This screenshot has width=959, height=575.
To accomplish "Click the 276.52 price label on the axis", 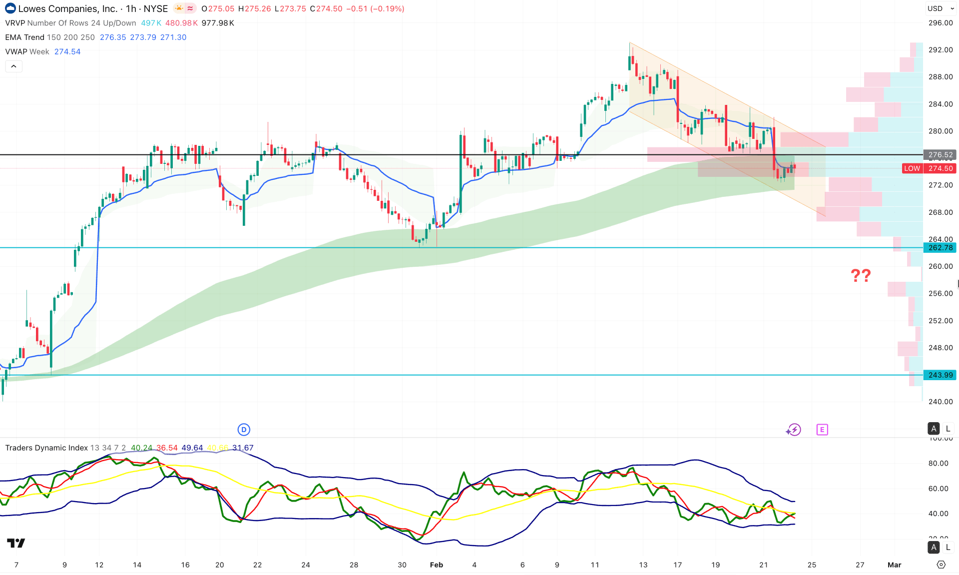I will pyautogui.click(x=940, y=155).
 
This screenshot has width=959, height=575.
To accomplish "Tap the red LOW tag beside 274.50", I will pyautogui.click(x=912, y=168).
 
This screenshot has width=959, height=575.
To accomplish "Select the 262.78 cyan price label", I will pyautogui.click(x=940, y=248).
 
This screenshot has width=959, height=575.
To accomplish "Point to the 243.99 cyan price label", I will pyautogui.click(x=940, y=375).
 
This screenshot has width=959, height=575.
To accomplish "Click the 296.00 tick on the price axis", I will pyautogui.click(x=940, y=23).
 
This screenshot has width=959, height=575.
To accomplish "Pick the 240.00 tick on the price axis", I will pyautogui.click(x=940, y=402).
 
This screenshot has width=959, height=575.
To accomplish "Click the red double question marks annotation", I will pyautogui.click(x=861, y=275).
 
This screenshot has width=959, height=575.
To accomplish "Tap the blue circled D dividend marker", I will pyautogui.click(x=243, y=430).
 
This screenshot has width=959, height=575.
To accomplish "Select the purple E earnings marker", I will pyautogui.click(x=822, y=430).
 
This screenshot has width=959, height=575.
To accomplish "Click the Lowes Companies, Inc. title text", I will pyautogui.click(x=68, y=8).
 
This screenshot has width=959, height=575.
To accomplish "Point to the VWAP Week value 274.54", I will pyautogui.click(x=67, y=51).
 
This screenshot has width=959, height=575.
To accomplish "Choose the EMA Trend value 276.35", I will pyautogui.click(x=113, y=37).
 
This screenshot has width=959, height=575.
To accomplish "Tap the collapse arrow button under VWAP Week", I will pyautogui.click(x=13, y=66).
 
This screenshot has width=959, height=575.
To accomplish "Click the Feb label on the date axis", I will pyautogui.click(x=436, y=565).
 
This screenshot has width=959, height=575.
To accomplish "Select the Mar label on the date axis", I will pyautogui.click(x=894, y=565).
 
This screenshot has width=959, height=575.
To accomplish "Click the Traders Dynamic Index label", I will pyautogui.click(x=46, y=448).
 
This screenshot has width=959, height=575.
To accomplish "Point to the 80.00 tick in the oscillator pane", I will pyautogui.click(x=938, y=463).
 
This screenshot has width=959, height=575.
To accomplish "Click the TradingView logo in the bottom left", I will pyautogui.click(x=16, y=543).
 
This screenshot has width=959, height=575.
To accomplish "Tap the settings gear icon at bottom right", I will pyautogui.click(x=941, y=565).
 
